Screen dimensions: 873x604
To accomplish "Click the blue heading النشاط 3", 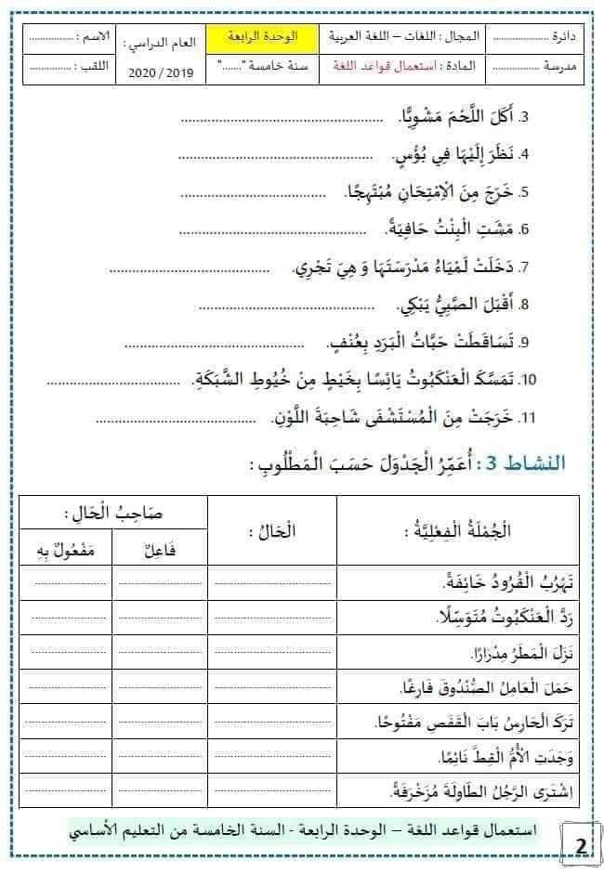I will point(552,462).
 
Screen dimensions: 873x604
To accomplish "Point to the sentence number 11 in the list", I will point(528,418).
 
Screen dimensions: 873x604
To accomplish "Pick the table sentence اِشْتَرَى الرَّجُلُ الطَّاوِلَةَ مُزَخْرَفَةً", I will point(466,792).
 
